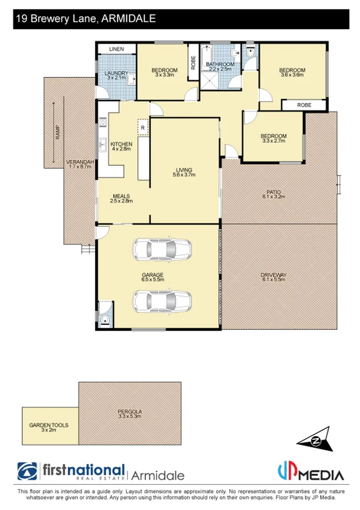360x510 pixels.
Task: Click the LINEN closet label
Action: point(116,49)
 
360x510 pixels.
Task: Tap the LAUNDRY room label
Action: point(116,73)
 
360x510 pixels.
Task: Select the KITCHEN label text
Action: point(121,144)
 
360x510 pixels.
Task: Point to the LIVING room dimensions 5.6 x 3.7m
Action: point(184,175)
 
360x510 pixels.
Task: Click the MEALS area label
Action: point(121,196)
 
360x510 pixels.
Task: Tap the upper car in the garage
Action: point(162,247)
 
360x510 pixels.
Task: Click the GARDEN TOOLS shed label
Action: point(49,425)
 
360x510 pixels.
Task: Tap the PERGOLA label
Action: point(130,411)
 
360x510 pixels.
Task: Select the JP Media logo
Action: point(310,472)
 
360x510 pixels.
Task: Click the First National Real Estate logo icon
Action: point(27,471)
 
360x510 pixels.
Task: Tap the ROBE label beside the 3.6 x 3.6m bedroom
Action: point(304,105)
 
